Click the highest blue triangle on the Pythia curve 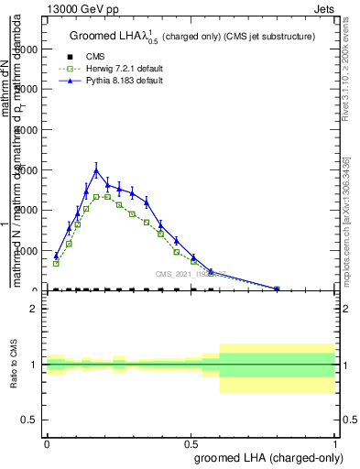pos(96,169)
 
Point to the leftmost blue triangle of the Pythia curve pos(56,256)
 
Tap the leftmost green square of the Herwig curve pos(56,264)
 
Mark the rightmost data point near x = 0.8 pos(277,289)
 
